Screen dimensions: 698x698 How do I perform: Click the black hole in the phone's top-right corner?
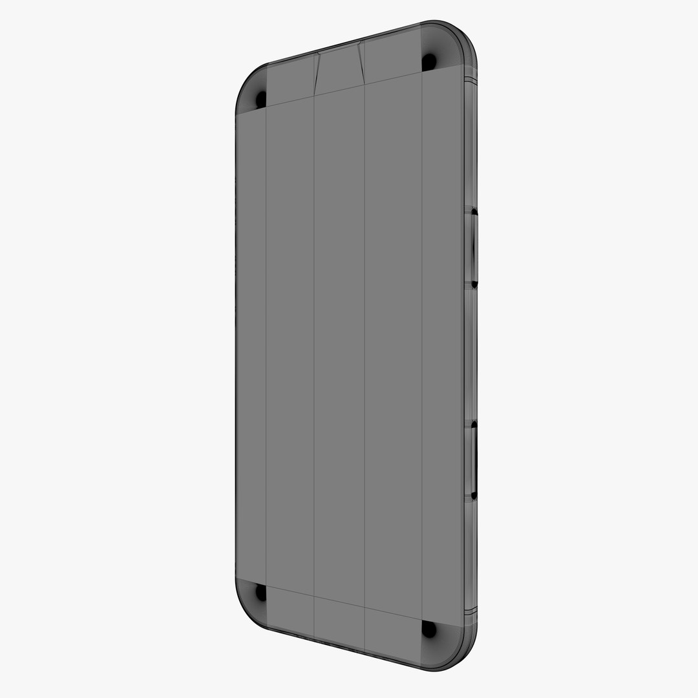point(429,62)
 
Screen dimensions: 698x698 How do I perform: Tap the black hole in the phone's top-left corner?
point(261,100)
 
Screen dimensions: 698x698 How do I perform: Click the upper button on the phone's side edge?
point(473,249)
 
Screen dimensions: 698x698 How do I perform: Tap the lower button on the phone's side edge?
point(473,460)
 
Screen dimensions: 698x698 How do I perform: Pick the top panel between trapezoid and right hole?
point(392,58)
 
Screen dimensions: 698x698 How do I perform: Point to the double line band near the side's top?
point(471,81)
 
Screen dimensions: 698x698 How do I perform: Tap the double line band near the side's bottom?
point(471,610)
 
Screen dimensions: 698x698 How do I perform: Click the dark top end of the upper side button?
point(474,211)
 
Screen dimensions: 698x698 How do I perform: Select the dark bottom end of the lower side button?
point(474,496)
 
